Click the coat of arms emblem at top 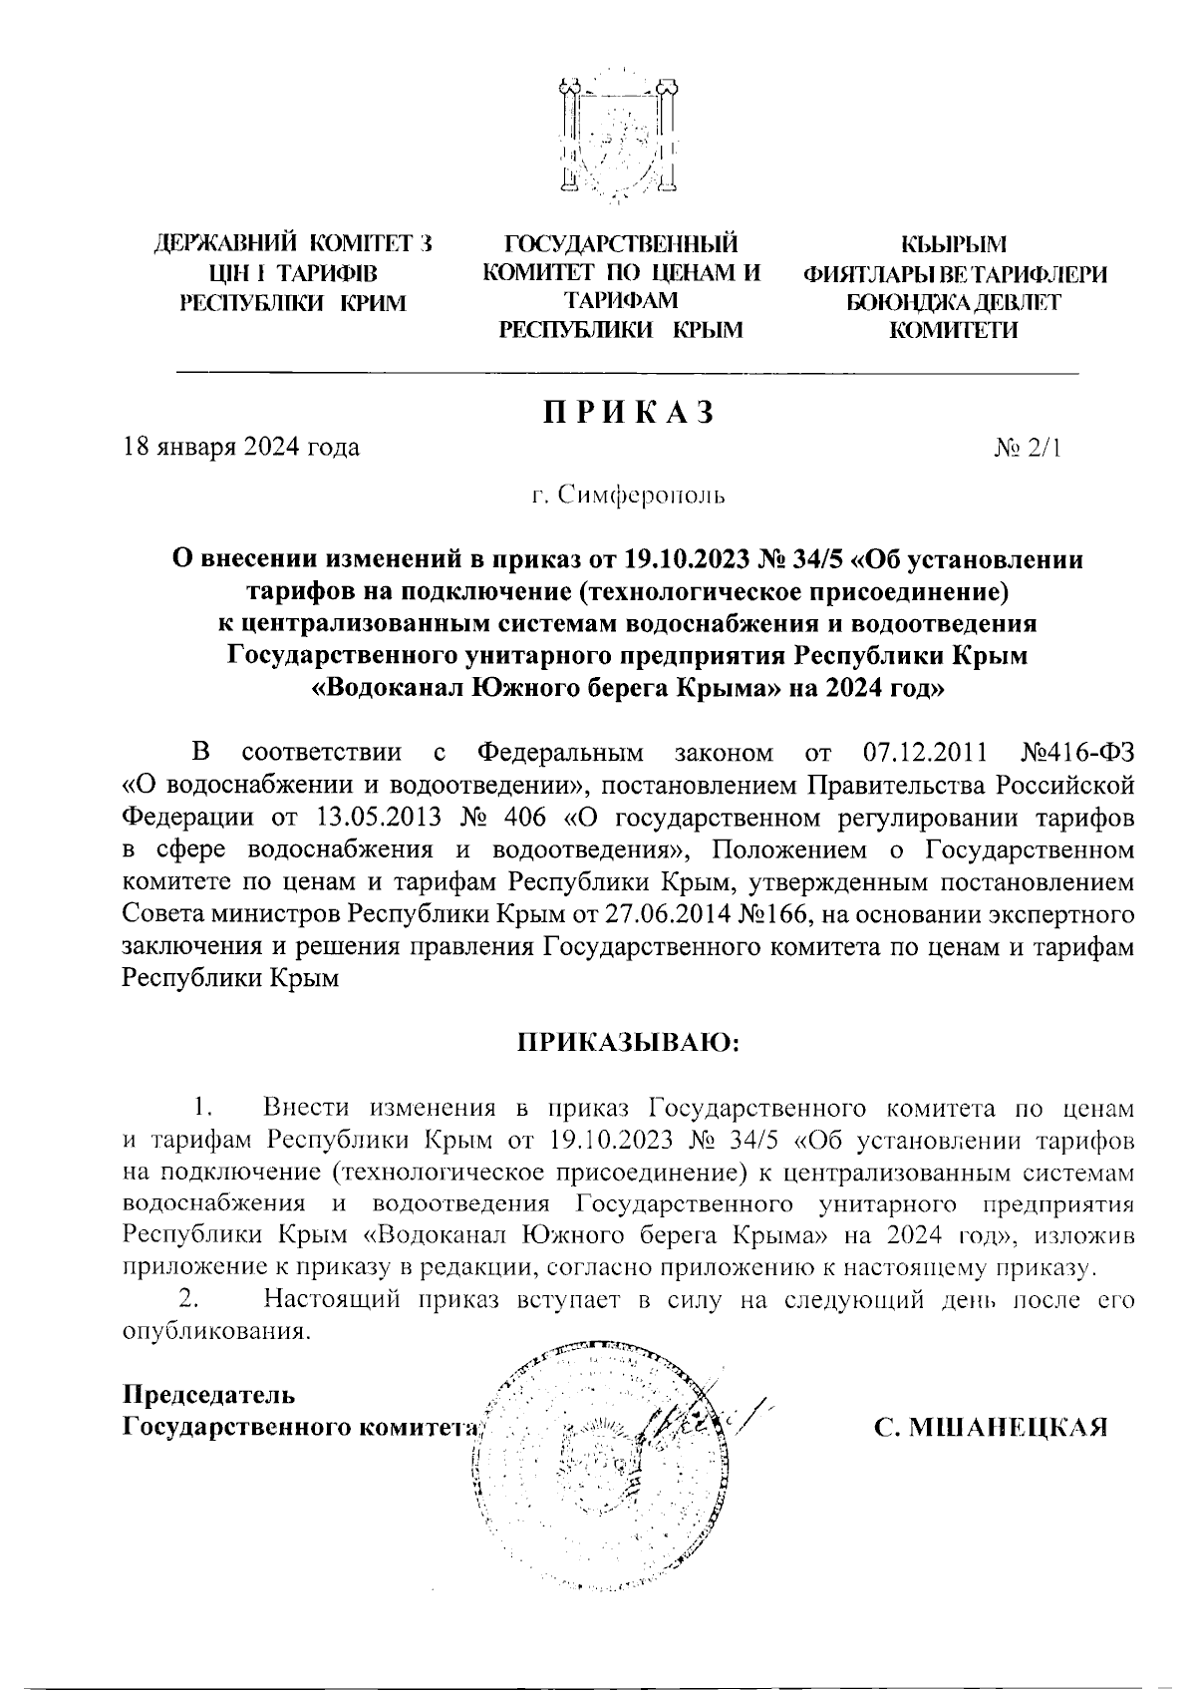(619, 139)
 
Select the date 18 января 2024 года (240, 447)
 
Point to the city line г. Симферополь (628, 495)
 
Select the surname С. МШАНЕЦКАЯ (992, 1428)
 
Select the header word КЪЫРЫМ (953, 242)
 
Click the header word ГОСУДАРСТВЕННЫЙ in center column (622, 242)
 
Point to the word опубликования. (211, 1332)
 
